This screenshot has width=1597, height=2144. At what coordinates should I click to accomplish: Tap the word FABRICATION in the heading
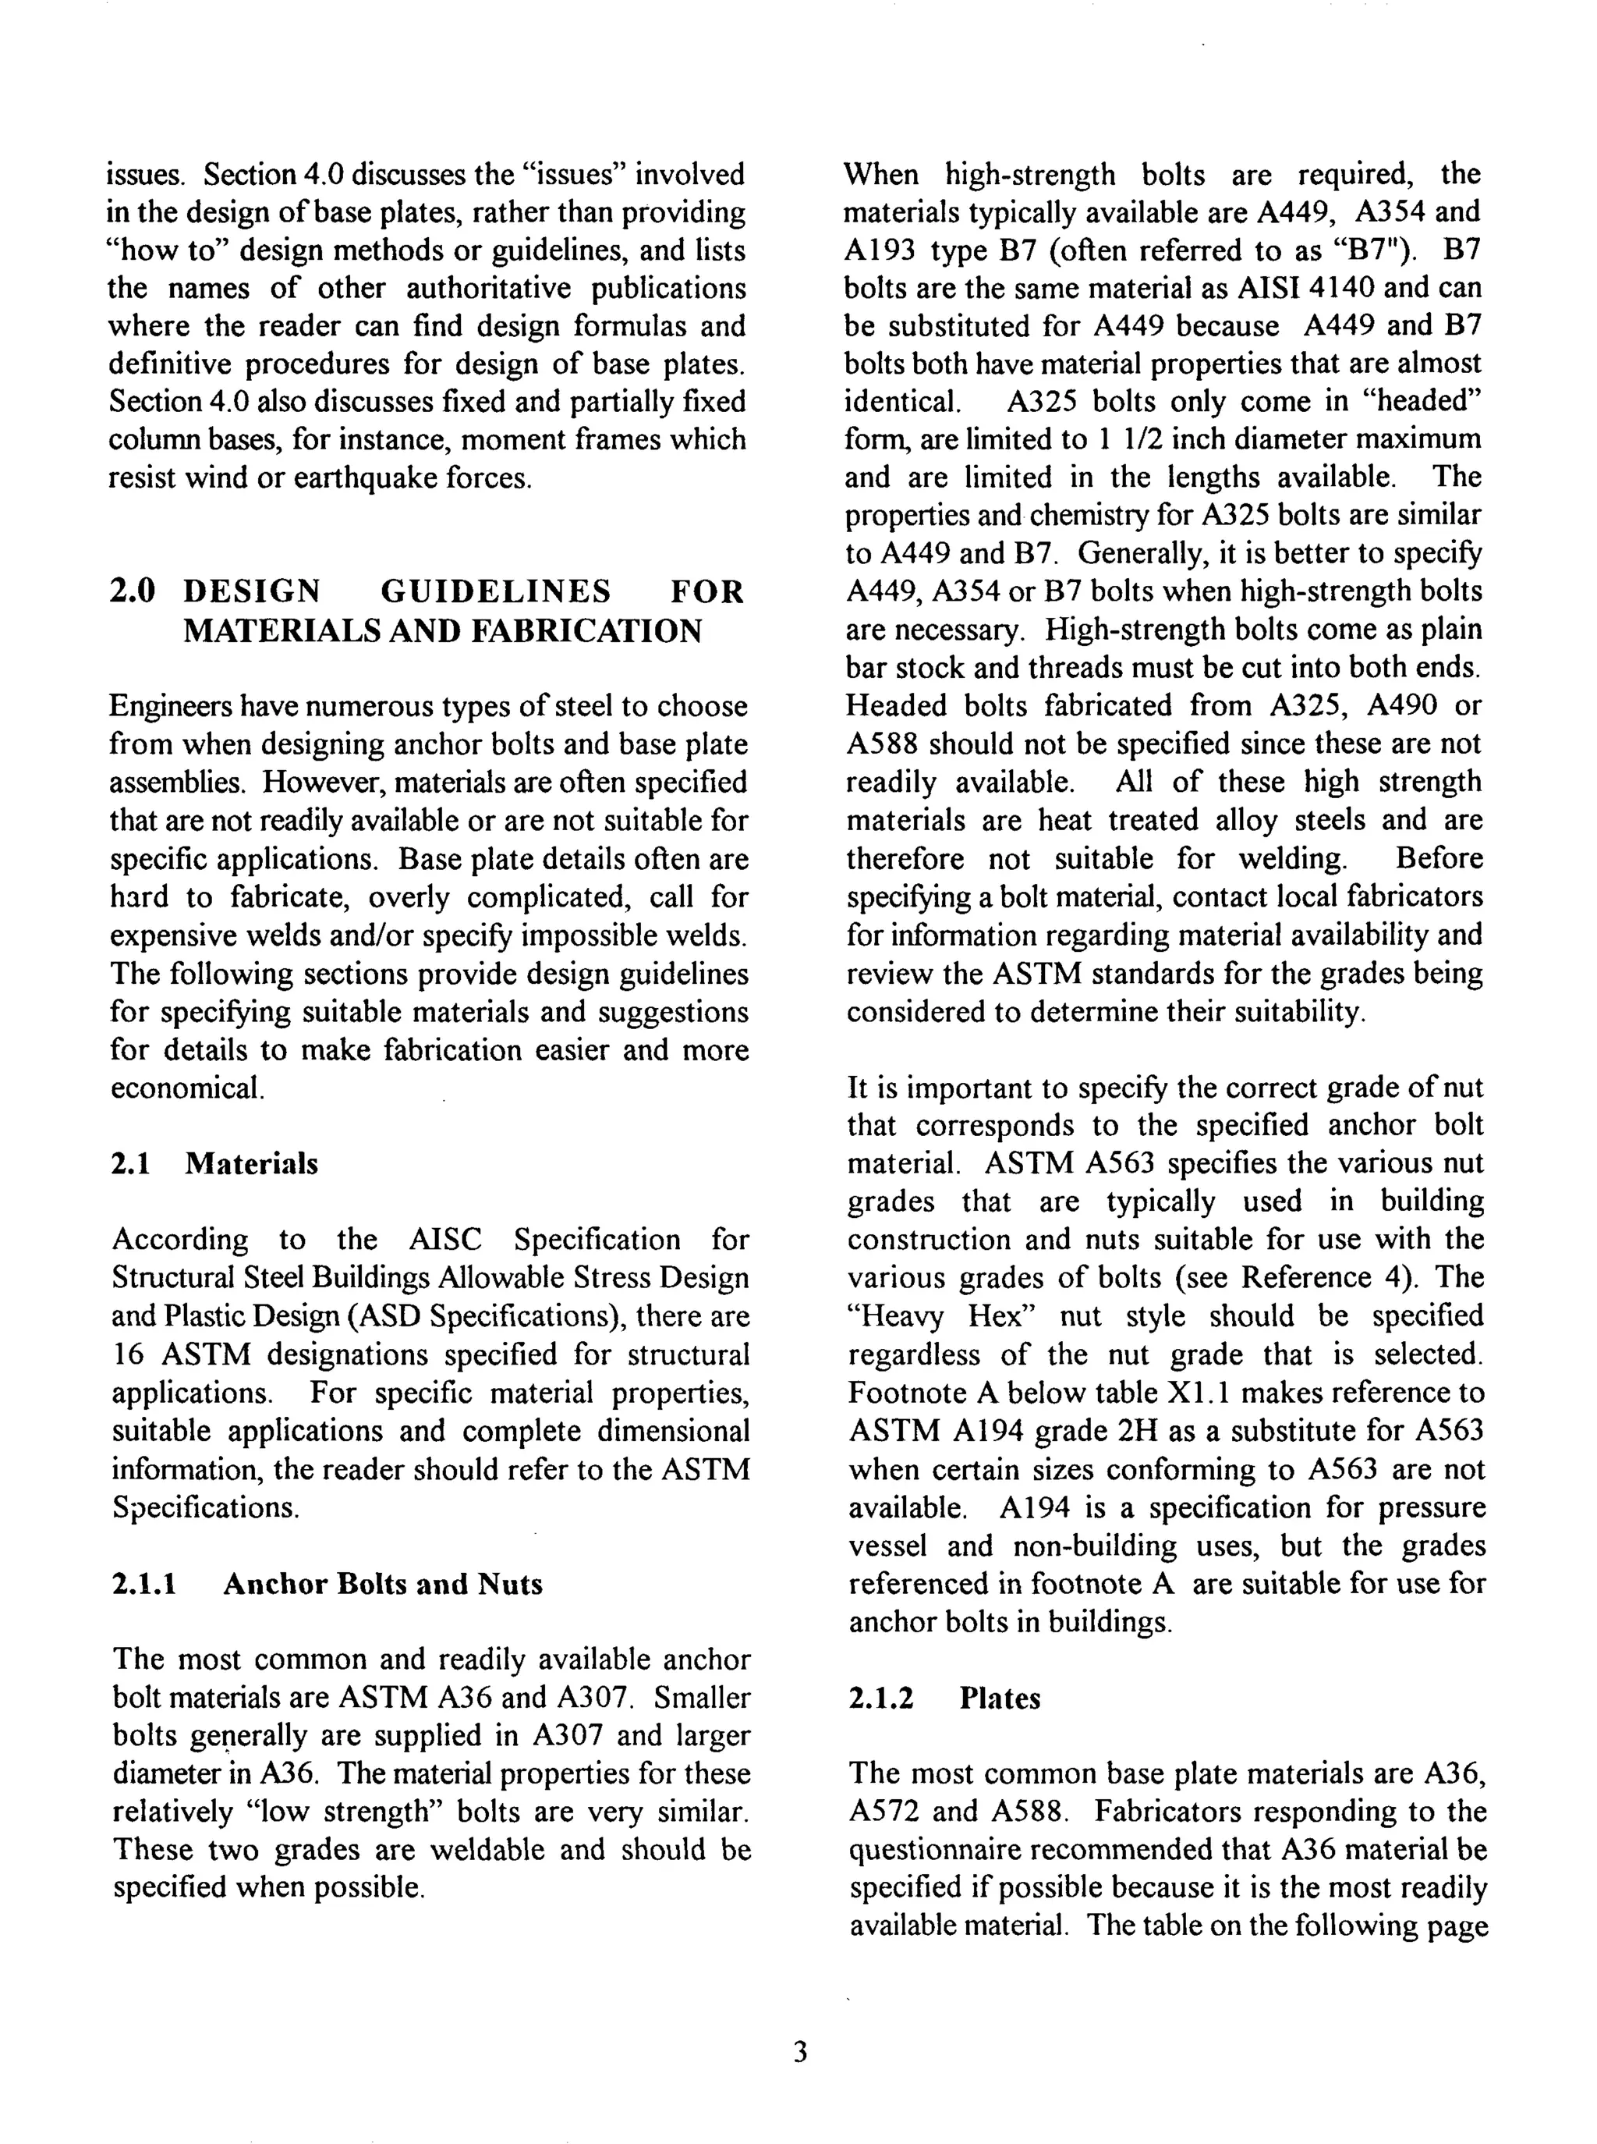point(588,630)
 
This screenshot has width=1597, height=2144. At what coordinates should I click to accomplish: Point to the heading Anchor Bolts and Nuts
point(383,1584)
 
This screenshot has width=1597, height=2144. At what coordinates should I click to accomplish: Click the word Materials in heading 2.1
point(251,1163)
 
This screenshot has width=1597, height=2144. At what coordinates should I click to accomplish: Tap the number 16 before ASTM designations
point(128,1354)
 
